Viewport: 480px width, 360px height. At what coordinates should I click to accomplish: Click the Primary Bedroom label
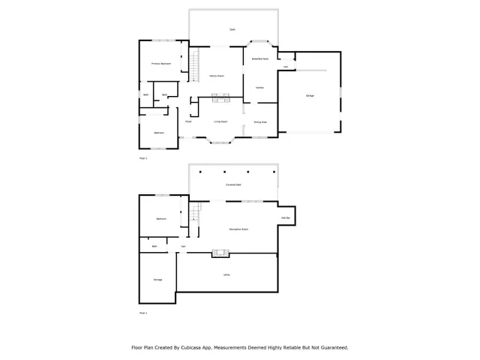tap(161, 64)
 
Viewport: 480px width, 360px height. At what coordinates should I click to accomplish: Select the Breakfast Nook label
tap(260, 58)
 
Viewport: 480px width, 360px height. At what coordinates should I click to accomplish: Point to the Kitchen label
tap(259, 88)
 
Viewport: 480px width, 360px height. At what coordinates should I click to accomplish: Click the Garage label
tap(310, 96)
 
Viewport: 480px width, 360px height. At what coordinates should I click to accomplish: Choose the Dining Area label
tap(259, 121)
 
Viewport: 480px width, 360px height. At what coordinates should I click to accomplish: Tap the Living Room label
tap(220, 121)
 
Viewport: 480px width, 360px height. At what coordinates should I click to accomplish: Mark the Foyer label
tap(188, 121)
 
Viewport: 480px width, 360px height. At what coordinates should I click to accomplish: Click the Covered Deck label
tap(233, 184)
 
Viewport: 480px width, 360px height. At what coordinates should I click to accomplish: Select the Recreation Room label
tap(238, 229)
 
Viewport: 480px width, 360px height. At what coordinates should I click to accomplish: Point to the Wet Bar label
tap(286, 218)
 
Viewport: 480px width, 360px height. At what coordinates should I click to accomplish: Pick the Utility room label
tap(226, 274)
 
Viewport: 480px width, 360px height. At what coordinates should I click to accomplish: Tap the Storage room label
tap(157, 280)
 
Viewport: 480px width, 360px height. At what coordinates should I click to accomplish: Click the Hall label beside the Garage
tap(286, 67)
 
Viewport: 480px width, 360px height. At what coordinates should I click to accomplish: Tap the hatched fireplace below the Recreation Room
tap(220, 253)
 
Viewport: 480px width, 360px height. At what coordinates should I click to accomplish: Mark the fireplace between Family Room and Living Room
tap(220, 96)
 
